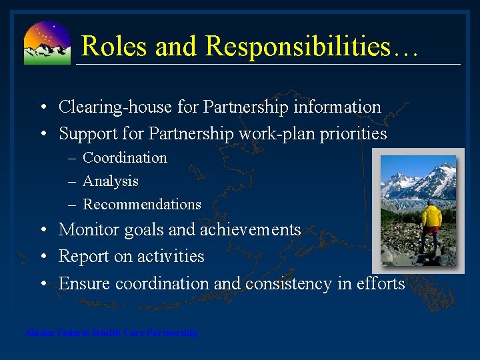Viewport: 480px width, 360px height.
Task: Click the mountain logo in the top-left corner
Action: [x=47, y=43]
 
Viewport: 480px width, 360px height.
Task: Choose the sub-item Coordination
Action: [x=125, y=158]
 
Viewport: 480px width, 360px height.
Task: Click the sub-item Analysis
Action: [x=111, y=181]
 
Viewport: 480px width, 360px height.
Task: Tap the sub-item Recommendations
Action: [x=141, y=205]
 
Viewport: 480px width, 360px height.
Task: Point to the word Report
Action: [x=82, y=257]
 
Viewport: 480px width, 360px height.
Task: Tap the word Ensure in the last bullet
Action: [x=85, y=283]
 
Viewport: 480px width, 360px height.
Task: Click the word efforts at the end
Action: [x=381, y=283]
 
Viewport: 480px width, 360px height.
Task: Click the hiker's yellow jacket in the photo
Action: [x=431, y=216]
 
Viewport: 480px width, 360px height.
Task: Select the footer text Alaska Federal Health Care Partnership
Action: [x=111, y=333]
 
